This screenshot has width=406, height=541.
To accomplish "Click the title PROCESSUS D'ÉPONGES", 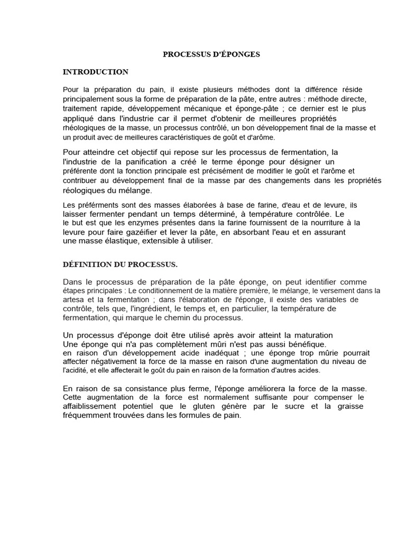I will point(211,54).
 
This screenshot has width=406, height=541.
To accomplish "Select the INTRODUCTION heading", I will point(95,72).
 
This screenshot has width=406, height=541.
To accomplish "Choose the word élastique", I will point(115,241).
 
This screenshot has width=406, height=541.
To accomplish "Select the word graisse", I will point(348,406).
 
